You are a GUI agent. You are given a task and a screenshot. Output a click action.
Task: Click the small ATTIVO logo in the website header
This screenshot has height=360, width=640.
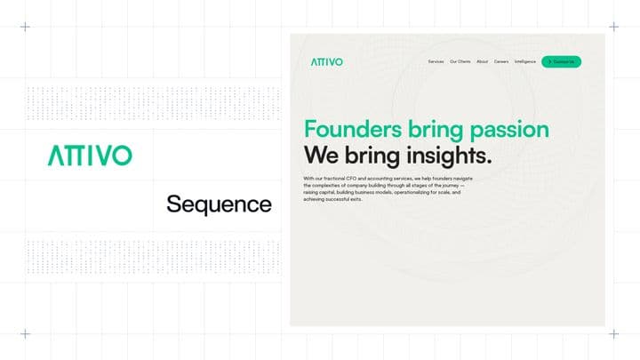click(x=326, y=61)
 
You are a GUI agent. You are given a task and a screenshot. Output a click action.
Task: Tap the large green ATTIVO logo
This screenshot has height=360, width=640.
click(x=90, y=156)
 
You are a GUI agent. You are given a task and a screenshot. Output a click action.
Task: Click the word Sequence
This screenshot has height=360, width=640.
click(x=219, y=204)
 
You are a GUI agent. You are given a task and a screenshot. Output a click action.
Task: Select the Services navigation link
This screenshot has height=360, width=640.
click(x=436, y=61)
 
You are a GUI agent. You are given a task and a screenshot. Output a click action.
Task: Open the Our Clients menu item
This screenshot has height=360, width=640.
click(x=460, y=61)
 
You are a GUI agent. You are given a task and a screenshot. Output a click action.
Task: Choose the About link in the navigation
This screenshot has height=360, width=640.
click(x=482, y=61)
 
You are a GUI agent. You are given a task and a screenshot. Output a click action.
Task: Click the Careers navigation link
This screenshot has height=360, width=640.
click(x=501, y=61)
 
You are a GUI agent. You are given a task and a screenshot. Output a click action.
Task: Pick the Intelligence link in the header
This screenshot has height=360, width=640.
click(x=524, y=61)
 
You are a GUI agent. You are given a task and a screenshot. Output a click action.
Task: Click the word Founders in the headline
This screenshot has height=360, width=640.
click(x=352, y=129)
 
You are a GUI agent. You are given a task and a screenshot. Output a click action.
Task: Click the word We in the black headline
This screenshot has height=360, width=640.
click(x=320, y=156)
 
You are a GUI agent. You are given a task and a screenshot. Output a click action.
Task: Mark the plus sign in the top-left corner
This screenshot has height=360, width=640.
click(x=25, y=27)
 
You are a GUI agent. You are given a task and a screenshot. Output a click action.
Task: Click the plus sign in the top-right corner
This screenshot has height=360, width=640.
click(x=613, y=27)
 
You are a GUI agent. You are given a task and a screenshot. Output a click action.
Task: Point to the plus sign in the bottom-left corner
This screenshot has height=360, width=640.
click(x=25, y=333)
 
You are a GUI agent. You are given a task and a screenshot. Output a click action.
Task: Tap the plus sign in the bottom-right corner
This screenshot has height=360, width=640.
click(x=613, y=333)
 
